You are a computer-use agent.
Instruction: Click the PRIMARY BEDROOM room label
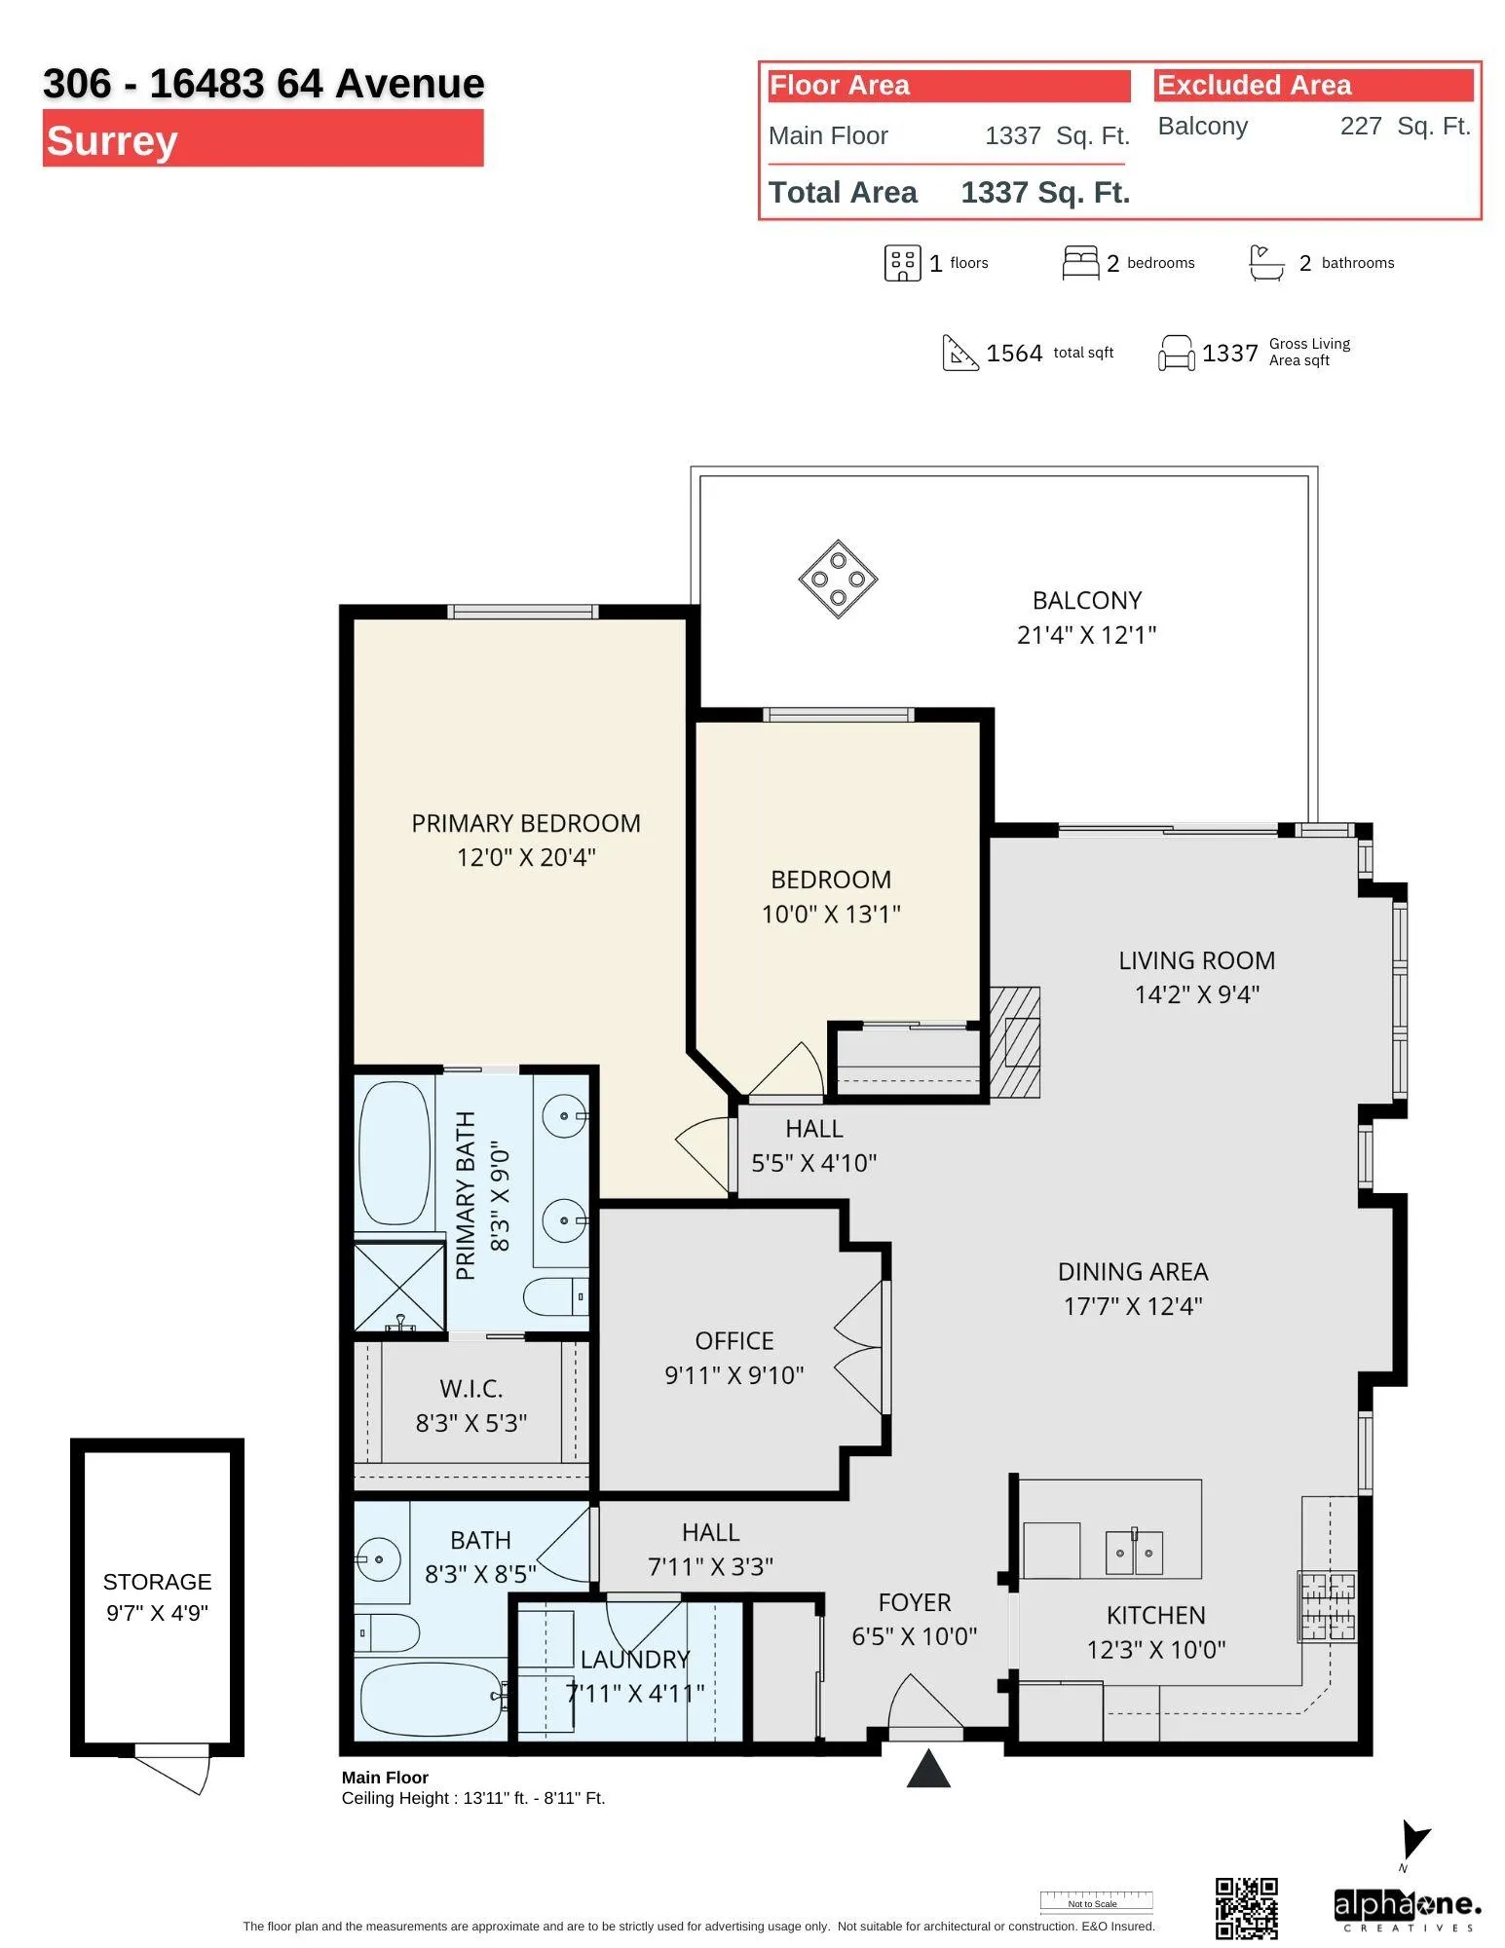click(x=526, y=823)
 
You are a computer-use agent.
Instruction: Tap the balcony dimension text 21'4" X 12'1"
click(x=1086, y=635)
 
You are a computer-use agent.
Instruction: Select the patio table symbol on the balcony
click(x=838, y=579)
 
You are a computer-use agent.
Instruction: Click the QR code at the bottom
click(x=1246, y=1908)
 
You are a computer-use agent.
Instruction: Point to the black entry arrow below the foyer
click(x=928, y=1769)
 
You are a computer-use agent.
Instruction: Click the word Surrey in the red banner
click(x=112, y=140)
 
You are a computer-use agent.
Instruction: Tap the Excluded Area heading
click(x=1254, y=86)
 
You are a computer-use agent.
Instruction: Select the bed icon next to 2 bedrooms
click(x=1080, y=263)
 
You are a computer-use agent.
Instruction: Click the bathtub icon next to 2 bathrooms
click(x=1266, y=263)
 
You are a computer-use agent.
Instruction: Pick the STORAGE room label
click(x=157, y=1582)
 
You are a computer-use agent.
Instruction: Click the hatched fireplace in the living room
click(x=1015, y=1042)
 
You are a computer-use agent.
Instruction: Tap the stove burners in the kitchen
click(x=1327, y=1607)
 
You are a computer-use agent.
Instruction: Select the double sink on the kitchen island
click(x=1134, y=1553)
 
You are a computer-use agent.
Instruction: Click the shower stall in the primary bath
click(x=399, y=1287)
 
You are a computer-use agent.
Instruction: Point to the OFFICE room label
click(x=734, y=1341)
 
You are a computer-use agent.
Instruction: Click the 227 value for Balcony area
click(x=1361, y=126)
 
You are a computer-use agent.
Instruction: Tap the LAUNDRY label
click(x=635, y=1660)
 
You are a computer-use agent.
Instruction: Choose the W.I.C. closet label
click(x=471, y=1389)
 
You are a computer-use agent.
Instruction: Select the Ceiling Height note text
click(x=473, y=1798)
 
